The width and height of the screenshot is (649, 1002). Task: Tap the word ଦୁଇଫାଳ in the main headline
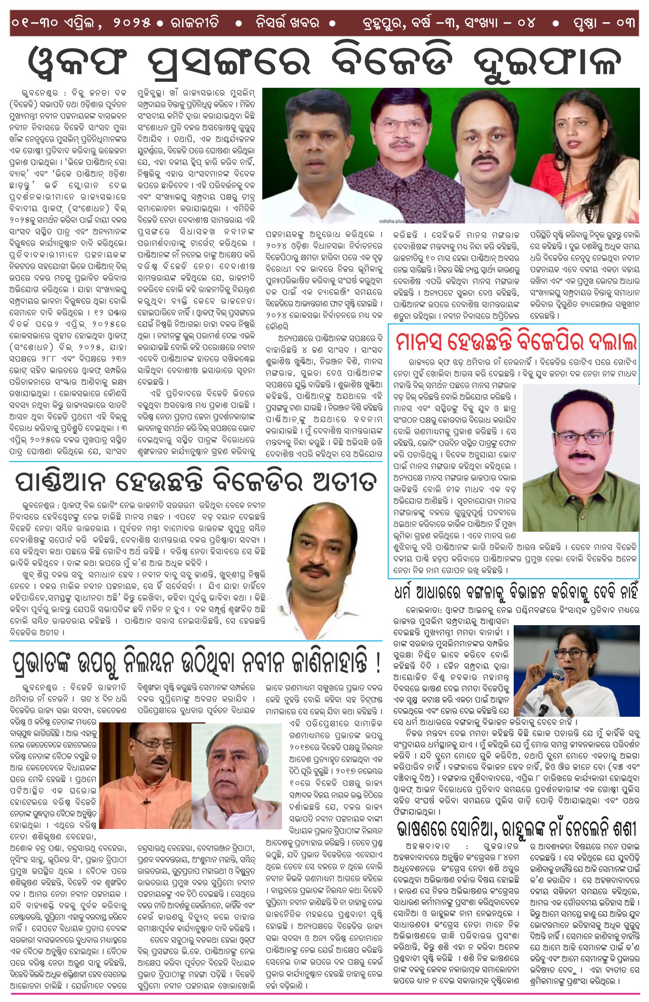pos(547,61)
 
